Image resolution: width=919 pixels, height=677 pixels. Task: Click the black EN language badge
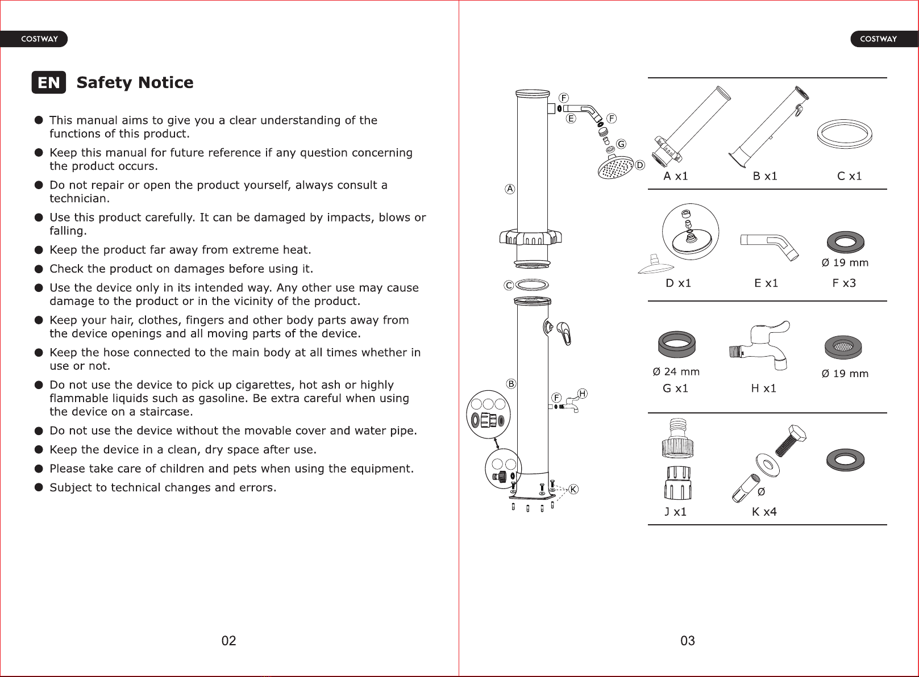(x=49, y=82)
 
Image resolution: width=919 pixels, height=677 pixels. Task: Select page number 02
(x=229, y=641)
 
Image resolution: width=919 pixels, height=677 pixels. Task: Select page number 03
(x=688, y=641)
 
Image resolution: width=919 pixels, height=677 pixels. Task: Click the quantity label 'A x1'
(x=676, y=176)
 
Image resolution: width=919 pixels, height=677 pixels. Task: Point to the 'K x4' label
(x=764, y=512)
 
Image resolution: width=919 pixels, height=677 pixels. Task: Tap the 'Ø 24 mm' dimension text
(x=676, y=371)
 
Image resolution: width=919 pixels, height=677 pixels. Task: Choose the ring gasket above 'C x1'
(x=845, y=133)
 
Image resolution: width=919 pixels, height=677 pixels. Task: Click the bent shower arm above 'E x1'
(x=770, y=247)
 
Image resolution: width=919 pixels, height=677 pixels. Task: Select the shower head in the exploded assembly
(x=616, y=168)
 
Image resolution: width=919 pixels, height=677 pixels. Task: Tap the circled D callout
(x=639, y=165)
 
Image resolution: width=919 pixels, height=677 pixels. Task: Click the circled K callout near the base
(x=573, y=489)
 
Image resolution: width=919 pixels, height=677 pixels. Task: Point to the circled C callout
(x=509, y=286)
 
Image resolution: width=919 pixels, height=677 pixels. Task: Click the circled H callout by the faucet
(x=583, y=394)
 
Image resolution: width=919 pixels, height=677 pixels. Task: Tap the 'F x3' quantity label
(x=844, y=283)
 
